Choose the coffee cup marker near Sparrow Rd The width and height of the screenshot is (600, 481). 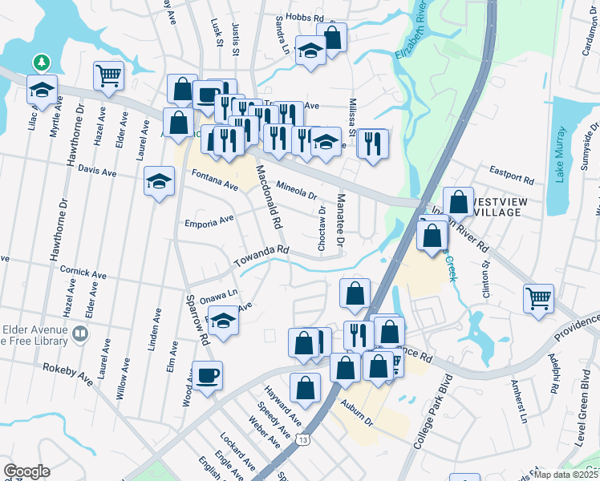207,375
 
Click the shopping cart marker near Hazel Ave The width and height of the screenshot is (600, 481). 108,75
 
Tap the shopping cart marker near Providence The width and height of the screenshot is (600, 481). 538,298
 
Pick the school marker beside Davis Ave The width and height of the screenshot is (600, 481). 159,181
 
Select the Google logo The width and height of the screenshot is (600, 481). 26,471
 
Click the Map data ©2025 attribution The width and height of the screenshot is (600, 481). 565,475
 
